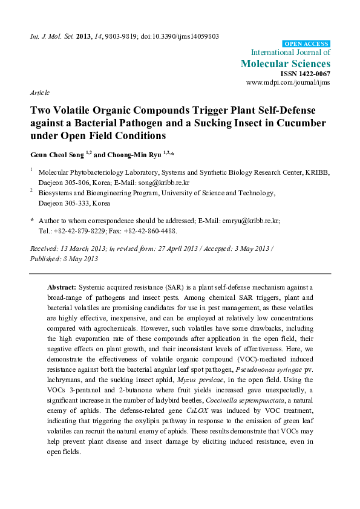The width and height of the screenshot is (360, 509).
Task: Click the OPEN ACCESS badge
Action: coord(307,44)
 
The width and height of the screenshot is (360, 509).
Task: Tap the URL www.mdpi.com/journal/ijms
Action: coord(288,82)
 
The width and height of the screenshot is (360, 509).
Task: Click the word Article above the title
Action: coord(39,92)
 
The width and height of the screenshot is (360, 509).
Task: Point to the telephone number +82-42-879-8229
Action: coord(82,231)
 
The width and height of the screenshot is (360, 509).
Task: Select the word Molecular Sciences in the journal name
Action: coord(285,63)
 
